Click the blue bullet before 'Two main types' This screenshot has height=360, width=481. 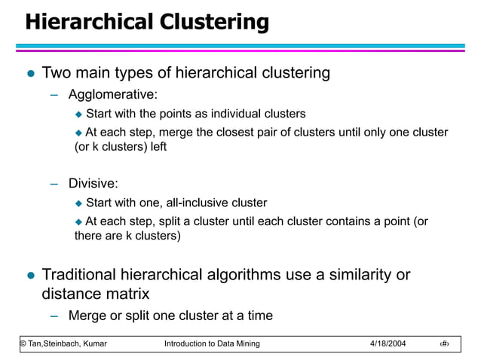30,74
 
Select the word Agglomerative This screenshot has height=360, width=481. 112,95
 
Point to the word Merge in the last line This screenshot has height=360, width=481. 87,315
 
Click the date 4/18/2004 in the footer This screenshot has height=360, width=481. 388,344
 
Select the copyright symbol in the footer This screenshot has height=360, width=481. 23,344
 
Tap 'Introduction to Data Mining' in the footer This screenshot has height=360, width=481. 212,344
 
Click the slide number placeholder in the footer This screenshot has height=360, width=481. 447,344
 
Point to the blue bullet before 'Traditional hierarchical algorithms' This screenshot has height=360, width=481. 30,276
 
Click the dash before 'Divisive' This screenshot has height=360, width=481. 54,183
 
